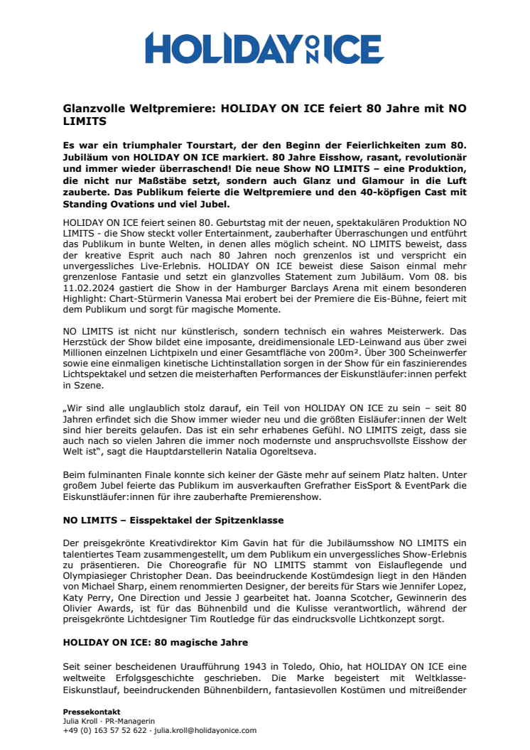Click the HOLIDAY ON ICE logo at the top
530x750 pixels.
click(x=264, y=48)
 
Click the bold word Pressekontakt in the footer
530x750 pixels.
click(x=91, y=712)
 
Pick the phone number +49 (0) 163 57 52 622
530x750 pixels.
click(x=104, y=730)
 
